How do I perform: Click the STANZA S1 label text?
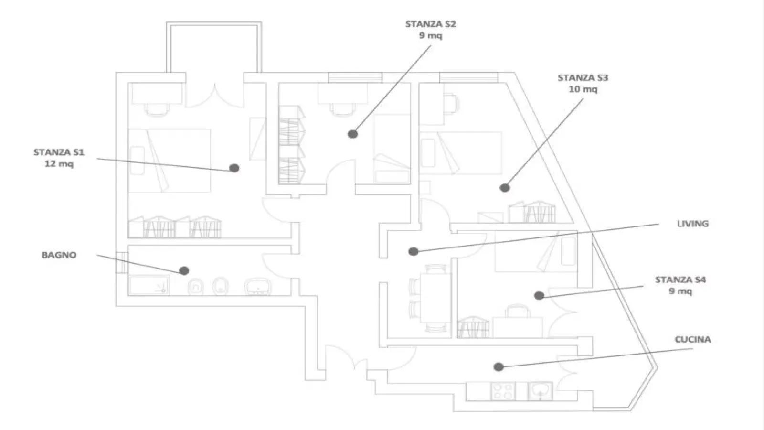[59, 152]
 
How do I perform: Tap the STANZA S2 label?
[430, 24]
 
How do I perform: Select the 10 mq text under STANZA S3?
[583, 89]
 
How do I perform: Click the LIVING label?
[693, 224]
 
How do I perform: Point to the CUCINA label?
[693, 340]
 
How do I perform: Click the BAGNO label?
[59, 255]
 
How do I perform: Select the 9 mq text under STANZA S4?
[680, 291]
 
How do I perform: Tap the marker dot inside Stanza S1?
[234, 168]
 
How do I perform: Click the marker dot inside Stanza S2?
[353, 134]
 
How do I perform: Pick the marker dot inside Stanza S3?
[505, 188]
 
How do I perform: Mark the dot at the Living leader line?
[414, 251]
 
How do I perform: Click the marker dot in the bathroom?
[184, 270]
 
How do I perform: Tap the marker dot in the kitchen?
[499, 367]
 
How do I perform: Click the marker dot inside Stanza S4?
[539, 296]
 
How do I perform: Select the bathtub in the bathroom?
[149, 286]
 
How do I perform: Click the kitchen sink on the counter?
[540, 391]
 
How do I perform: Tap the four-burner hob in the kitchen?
[503, 391]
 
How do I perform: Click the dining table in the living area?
[435, 297]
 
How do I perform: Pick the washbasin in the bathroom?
[258, 287]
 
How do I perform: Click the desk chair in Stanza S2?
[343, 110]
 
